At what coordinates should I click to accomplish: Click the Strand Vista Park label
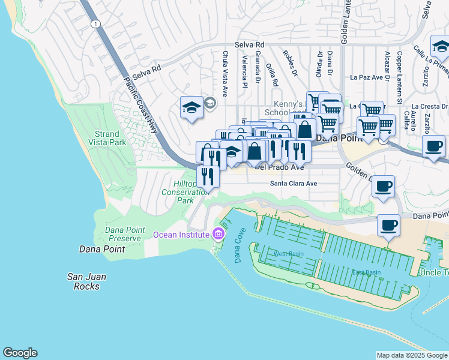pyautogui.click(x=110, y=138)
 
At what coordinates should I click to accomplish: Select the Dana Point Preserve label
pyautogui.click(x=123, y=233)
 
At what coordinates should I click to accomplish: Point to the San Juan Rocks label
pyautogui.click(x=88, y=281)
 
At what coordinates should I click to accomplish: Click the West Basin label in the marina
pyautogui.click(x=289, y=254)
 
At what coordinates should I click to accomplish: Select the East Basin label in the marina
pyautogui.click(x=366, y=272)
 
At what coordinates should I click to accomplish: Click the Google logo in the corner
pyautogui.click(x=20, y=353)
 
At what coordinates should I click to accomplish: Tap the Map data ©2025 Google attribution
pyautogui.click(x=411, y=355)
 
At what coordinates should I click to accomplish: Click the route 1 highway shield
pyautogui.click(x=95, y=23)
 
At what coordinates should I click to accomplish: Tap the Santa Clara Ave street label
pyautogui.click(x=293, y=184)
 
